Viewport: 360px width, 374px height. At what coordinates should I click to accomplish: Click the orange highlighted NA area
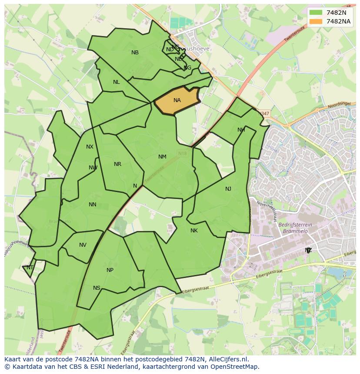pyautogui.click(x=177, y=100)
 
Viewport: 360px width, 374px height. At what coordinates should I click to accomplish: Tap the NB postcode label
pyautogui.click(x=135, y=53)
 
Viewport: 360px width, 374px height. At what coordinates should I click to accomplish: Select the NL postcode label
pyautogui.click(x=116, y=82)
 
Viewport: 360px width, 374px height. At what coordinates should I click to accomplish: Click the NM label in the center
pyautogui.click(x=162, y=157)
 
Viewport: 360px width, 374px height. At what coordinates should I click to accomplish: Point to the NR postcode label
pyautogui.click(x=117, y=164)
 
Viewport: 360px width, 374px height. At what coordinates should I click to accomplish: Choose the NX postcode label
pyautogui.click(x=90, y=147)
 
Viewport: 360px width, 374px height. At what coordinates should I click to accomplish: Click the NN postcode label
pyautogui.click(x=92, y=205)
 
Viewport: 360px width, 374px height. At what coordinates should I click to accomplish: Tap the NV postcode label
pyautogui.click(x=83, y=245)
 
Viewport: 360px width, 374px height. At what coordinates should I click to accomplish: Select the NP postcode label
pyautogui.click(x=110, y=270)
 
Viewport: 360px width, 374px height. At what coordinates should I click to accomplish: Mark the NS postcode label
pyautogui.click(x=97, y=288)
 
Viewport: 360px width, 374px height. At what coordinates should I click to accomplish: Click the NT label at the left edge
pyautogui.click(x=30, y=268)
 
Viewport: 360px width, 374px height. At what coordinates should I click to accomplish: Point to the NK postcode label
pyautogui.click(x=194, y=231)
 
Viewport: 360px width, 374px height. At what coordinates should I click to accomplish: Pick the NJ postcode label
pyautogui.click(x=228, y=189)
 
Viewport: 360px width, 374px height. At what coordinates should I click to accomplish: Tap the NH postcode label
pyautogui.click(x=241, y=130)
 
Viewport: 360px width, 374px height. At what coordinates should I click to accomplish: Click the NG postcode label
pyautogui.click(x=187, y=68)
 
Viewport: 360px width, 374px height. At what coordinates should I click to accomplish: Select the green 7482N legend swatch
pyautogui.click(x=316, y=13)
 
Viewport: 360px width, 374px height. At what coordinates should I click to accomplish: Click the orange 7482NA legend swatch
pyautogui.click(x=316, y=21)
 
